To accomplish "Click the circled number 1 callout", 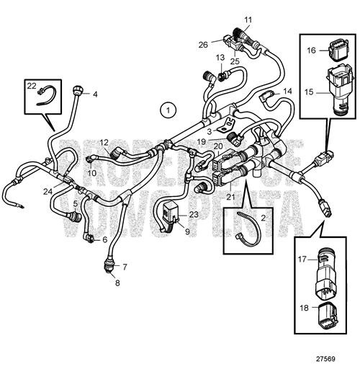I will pyautogui.click(x=167, y=110).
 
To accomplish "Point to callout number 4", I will pyautogui.click(x=94, y=94).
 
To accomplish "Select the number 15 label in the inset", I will pyautogui.click(x=310, y=92).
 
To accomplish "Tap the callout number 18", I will pyautogui.click(x=303, y=308).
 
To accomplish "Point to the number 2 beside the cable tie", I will pyautogui.click(x=263, y=217).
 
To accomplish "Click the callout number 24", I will pyautogui.click(x=46, y=192).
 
